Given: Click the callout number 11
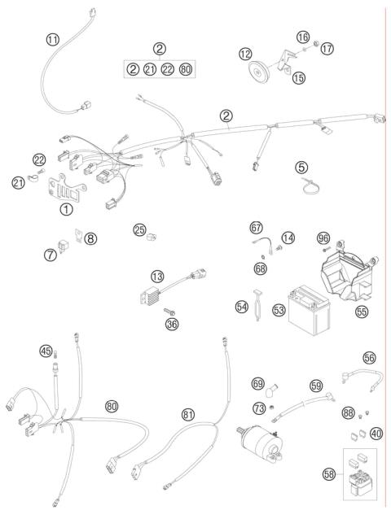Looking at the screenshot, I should coord(54,39).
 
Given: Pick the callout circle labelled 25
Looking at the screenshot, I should coord(140,230).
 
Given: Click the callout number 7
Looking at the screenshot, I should coord(51,255).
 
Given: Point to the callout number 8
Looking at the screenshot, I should coord(90,238).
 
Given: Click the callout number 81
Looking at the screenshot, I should coord(189,415).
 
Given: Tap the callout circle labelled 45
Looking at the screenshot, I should coord(46,351).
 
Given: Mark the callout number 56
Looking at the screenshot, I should coord(369,357).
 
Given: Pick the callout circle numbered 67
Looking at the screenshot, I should coord(256,228).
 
